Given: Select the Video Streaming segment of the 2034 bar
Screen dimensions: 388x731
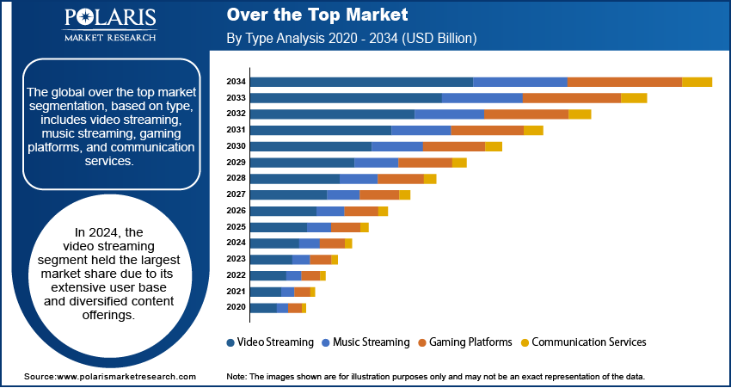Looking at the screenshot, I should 361,82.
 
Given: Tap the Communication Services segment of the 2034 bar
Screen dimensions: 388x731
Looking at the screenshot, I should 697,82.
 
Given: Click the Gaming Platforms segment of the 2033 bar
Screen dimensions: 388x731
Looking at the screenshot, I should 571,98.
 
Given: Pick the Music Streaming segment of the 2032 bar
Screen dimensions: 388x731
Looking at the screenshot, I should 449,114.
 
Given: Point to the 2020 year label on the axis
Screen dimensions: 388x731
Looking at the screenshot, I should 236,307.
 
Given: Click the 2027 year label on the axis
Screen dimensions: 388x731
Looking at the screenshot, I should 236,194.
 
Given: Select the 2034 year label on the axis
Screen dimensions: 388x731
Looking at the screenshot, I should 236,82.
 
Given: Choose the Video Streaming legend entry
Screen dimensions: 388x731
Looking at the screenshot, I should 270,342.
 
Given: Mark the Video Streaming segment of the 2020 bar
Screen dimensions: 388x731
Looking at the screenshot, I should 263,307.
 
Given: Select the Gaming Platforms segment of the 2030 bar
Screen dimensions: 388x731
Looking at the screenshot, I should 453,146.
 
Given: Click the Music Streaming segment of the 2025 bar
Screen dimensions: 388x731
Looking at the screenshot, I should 319,227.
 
